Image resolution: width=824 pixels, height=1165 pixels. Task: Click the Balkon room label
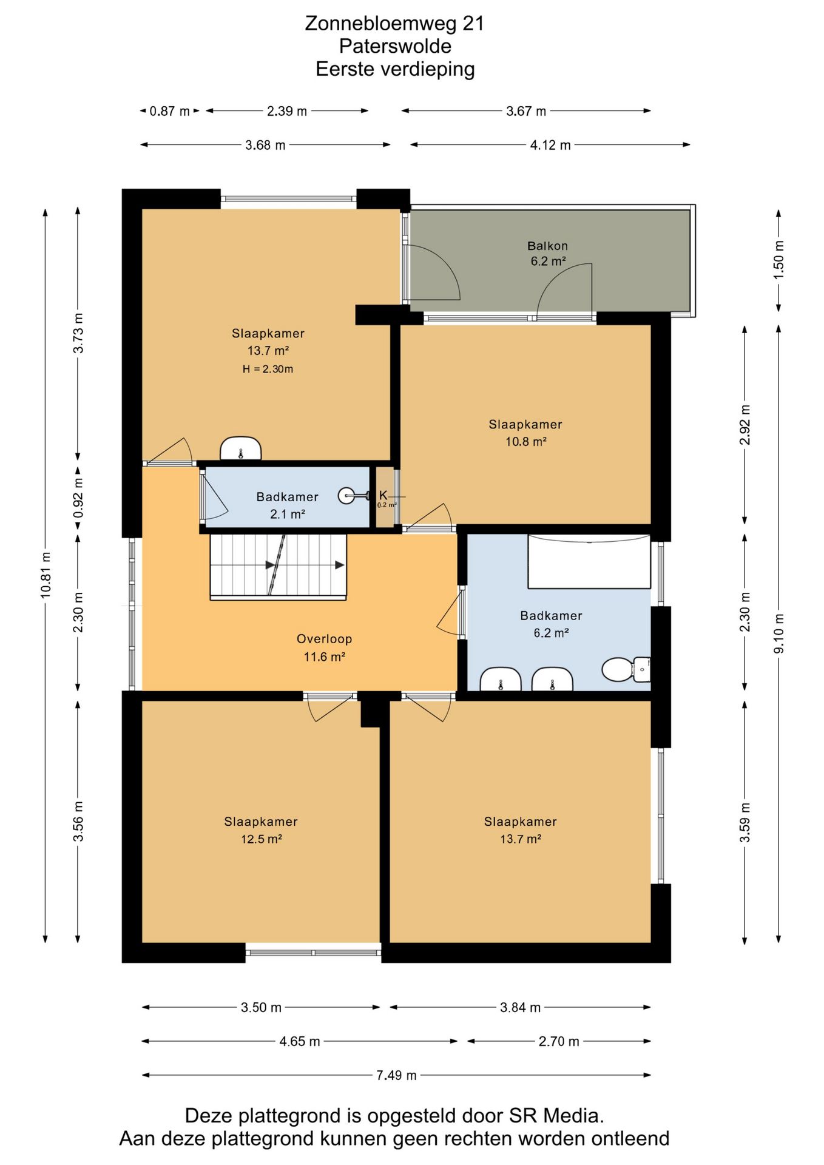(x=547, y=246)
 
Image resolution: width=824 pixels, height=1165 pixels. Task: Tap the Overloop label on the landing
(x=324, y=638)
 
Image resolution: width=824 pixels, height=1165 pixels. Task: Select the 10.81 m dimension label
(x=46, y=575)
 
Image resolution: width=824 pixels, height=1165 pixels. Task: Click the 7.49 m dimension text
(x=396, y=1075)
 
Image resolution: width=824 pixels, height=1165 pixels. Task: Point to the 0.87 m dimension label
(x=170, y=111)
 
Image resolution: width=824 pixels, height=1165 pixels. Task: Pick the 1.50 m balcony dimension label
(x=779, y=260)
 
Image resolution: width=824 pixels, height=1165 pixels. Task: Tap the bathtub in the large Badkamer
(x=589, y=561)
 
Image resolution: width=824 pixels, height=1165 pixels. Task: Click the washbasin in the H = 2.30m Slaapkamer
(x=240, y=448)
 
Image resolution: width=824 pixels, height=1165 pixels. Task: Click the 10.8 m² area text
(x=525, y=442)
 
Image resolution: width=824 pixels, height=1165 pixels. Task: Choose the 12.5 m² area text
(x=261, y=839)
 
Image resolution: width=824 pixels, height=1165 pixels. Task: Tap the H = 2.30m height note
(x=268, y=369)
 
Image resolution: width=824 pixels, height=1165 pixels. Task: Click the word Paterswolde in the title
(x=395, y=46)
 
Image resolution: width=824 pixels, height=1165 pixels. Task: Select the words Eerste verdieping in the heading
(x=395, y=69)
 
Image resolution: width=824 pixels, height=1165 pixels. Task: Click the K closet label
(x=383, y=495)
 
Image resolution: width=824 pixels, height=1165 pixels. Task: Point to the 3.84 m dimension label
(x=520, y=1007)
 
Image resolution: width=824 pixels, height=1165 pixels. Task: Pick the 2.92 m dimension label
(x=745, y=425)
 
